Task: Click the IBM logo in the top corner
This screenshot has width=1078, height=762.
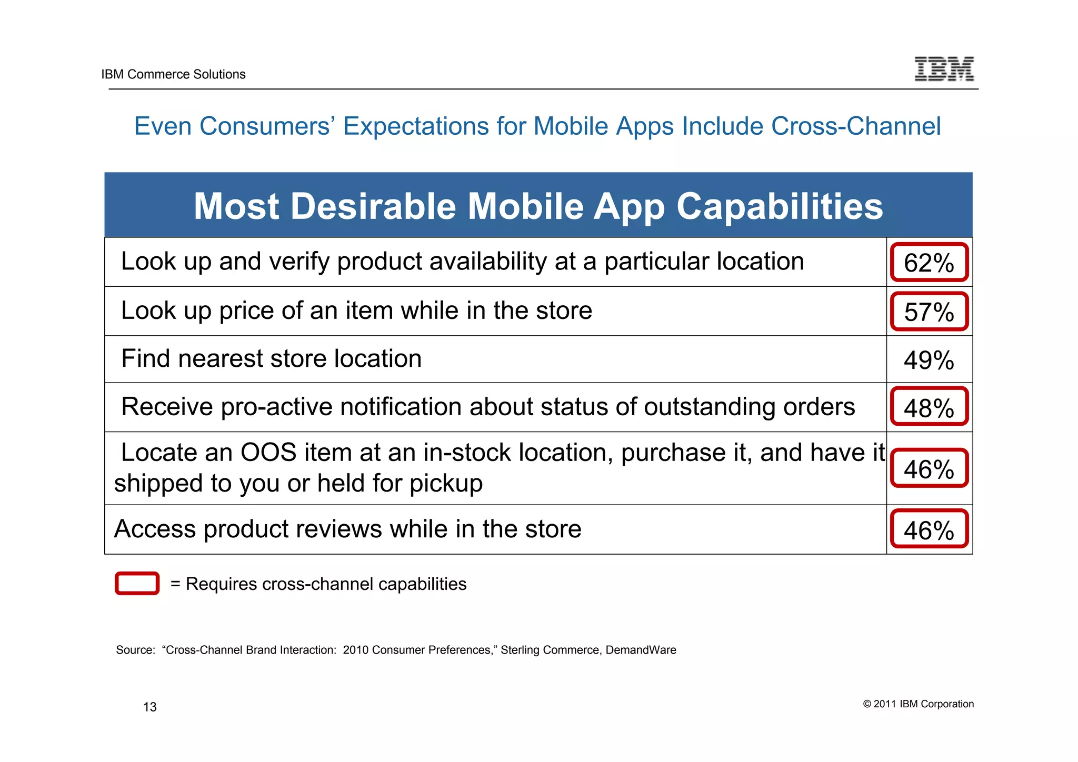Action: (944, 69)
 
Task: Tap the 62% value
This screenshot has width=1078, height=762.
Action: (929, 263)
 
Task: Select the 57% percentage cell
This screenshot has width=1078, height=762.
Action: (929, 312)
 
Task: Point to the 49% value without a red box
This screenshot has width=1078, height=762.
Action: (929, 360)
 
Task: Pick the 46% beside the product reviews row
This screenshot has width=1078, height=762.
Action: (929, 529)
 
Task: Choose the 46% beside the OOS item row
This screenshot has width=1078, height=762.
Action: (929, 468)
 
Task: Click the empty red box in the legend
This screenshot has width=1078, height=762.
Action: (137, 584)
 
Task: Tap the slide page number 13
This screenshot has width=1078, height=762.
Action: (150, 707)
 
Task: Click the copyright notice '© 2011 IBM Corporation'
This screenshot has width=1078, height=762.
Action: (918, 704)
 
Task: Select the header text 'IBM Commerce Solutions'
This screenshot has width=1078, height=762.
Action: (173, 74)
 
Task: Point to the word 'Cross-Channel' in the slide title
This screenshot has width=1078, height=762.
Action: (856, 126)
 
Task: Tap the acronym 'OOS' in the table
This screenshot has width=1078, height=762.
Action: (268, 453)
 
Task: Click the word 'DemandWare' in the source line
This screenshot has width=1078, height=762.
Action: (641, 650)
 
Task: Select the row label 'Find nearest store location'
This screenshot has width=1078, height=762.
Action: (271, 359)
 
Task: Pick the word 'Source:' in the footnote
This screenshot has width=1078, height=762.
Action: (135, 650)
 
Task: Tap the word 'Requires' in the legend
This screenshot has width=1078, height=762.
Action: (221, 584)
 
